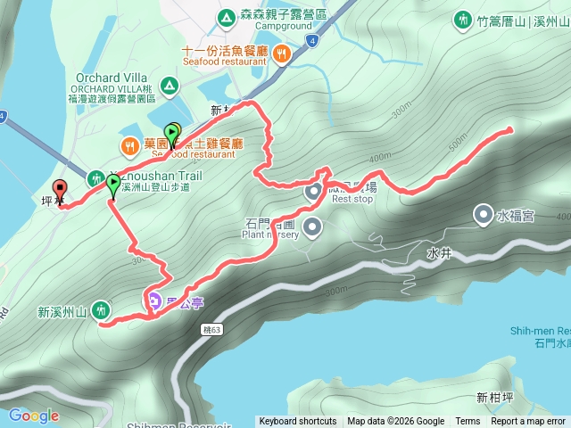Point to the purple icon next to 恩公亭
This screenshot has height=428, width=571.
pos(153,303)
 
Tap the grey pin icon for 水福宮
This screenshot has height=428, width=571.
pos(483,214)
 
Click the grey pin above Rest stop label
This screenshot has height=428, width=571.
pos(313,190)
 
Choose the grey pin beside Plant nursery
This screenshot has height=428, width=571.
pos(312,228)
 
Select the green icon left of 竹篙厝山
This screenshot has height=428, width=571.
pos(462,19)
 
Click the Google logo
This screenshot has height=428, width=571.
pos(33,416)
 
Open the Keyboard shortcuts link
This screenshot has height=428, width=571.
pos(298,422)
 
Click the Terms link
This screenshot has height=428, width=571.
pos(468,422)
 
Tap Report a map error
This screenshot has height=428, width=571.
pos(528,422)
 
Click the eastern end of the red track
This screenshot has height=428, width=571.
pos(510,130)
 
